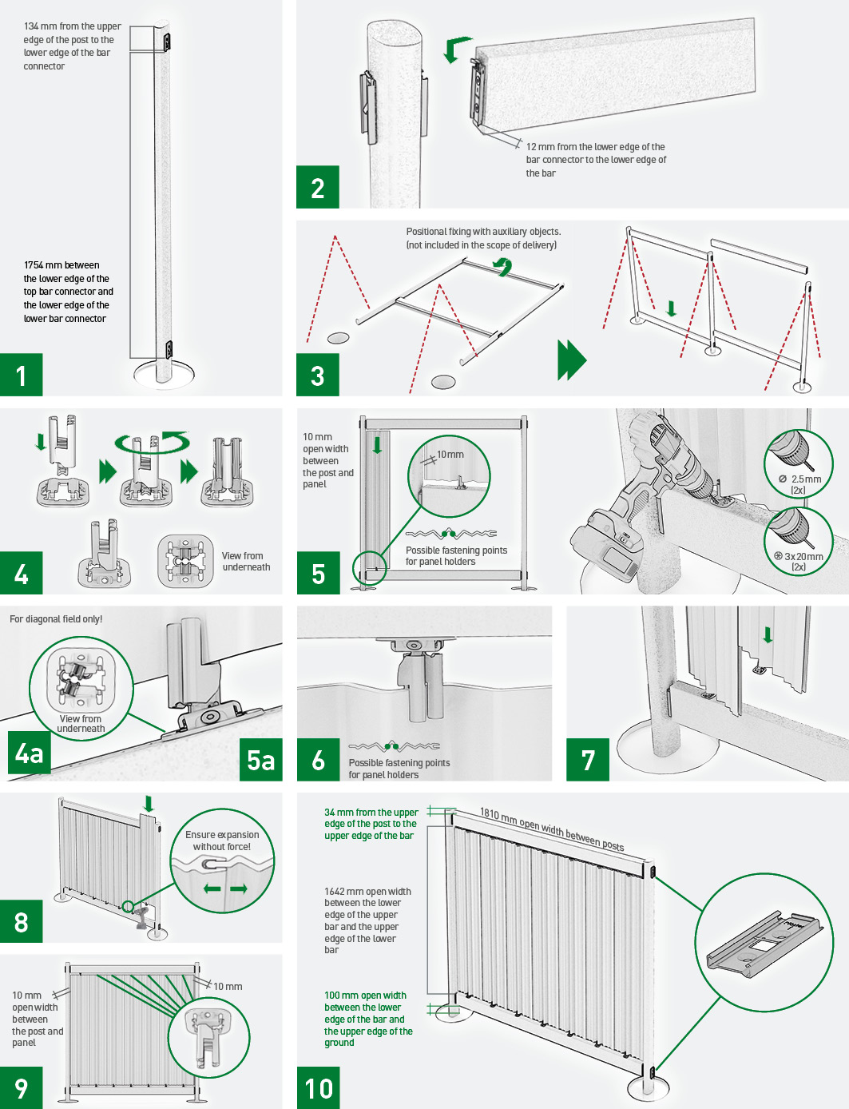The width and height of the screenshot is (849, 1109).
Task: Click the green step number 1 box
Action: click(21, 375)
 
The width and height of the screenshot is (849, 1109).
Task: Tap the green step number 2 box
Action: click(318, 187)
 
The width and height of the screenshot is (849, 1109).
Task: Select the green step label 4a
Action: click(29, 753)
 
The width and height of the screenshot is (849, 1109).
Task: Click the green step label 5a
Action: click(260, 759)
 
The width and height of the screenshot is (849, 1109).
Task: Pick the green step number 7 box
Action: click(588, 759)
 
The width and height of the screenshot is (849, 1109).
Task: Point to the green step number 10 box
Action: click(318, 1087)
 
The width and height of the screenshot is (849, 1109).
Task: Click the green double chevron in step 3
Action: click(572, 360)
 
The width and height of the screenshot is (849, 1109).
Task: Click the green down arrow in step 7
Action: click(768, 634)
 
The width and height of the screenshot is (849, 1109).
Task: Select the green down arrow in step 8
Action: click(149, 803)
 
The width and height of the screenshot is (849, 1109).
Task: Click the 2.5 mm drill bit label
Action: click(799, 484)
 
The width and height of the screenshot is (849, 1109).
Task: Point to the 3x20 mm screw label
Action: click(798, 561)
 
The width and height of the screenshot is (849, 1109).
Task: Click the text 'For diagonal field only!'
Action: click(56, 619)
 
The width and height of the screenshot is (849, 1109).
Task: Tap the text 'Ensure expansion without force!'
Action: click(222, 841)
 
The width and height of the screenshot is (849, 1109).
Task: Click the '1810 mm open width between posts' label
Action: click(552, 829)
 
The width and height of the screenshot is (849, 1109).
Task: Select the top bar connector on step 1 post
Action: click(167, 42)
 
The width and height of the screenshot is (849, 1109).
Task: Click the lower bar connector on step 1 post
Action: click(168, 350)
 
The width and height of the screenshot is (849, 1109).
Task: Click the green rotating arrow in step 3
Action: click(504, 266)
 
